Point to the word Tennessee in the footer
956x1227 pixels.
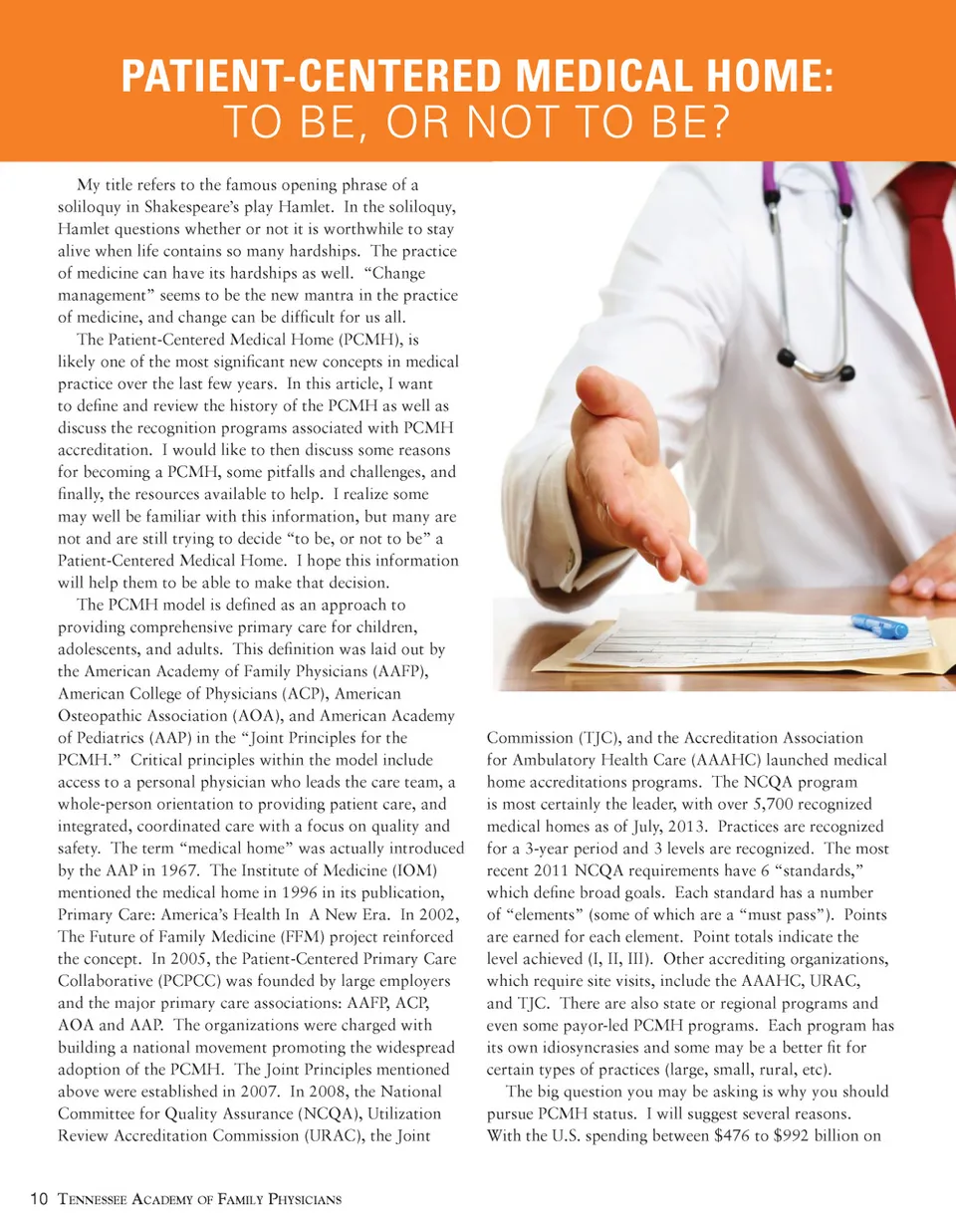pyautogui.click(x=96, y=1199)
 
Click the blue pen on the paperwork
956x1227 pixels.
pyautogui.click(x=879, y=626)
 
